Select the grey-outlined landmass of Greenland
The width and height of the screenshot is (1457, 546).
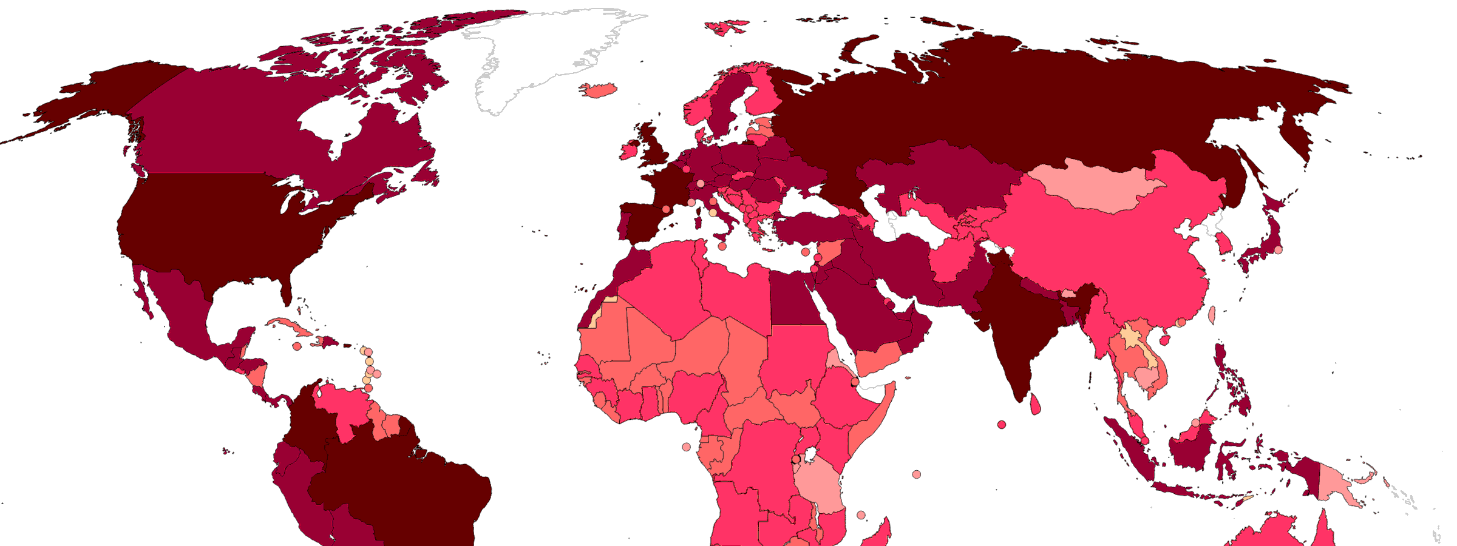click(546, 55)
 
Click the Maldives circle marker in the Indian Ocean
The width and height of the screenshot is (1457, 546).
click(1002, 425)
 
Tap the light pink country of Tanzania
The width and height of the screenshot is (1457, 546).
click(820, 485)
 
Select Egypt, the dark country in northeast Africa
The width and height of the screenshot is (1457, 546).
click(795, 297)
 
